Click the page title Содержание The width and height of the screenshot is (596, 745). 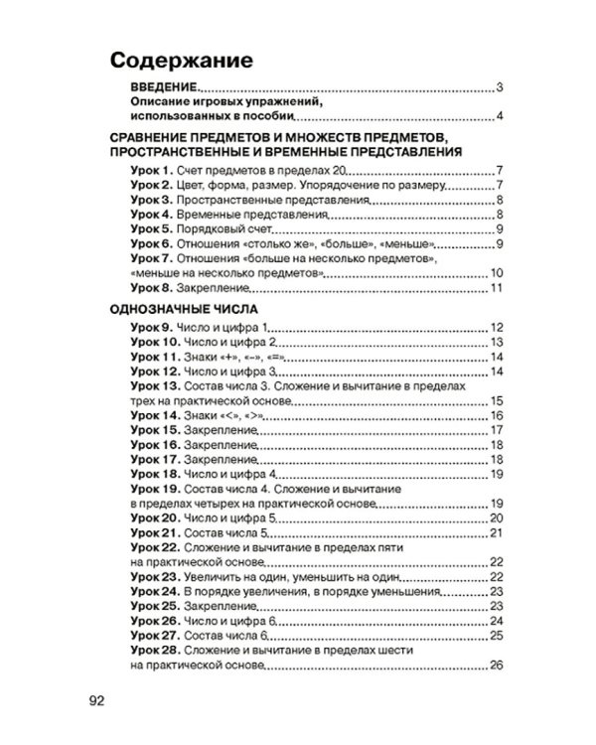point(181,58)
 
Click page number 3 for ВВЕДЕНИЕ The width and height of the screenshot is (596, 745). point(503,88)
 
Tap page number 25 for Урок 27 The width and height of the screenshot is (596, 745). point(500,636)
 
